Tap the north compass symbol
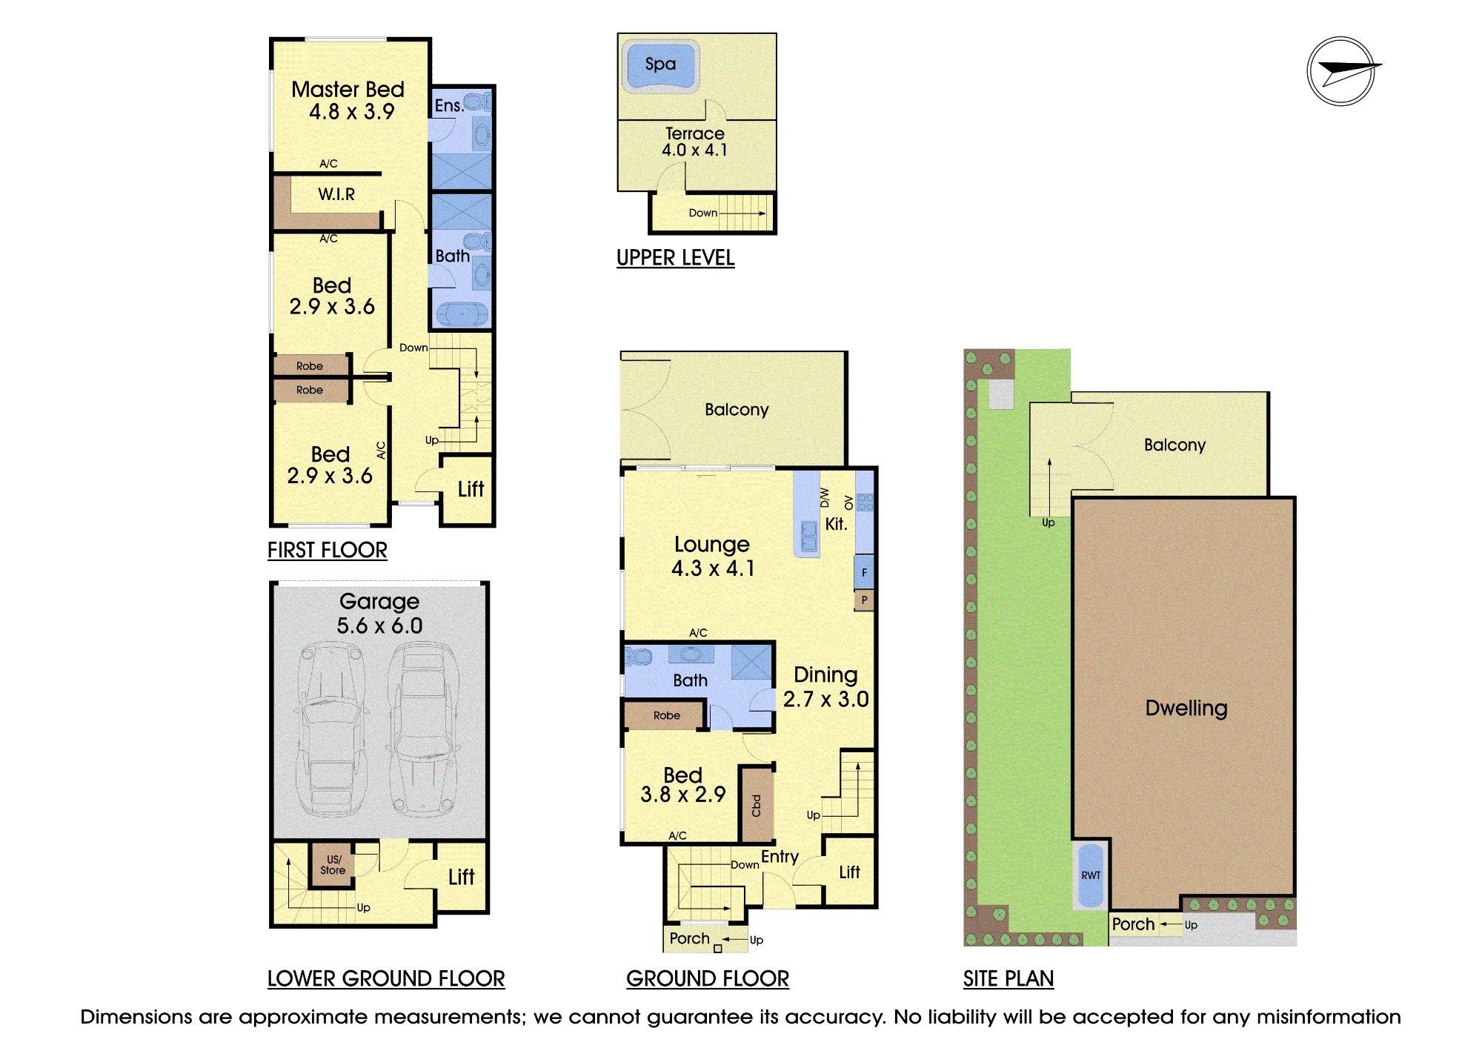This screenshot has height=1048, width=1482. point(1342,72)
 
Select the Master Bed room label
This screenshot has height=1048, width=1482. point(348,90)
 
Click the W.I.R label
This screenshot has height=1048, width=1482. point(336,194)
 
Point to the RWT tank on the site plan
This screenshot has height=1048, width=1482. point(1090,875)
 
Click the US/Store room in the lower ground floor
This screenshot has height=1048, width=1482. point(333,866)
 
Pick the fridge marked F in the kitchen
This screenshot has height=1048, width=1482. point(864,572)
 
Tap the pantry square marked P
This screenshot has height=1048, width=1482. point(864,600)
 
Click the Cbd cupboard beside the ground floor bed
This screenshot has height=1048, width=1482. point(757,805)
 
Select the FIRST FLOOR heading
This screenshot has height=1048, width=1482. point(328,550)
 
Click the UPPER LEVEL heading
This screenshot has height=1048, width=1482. point(676,258)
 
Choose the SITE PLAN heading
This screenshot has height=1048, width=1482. point(1009,978)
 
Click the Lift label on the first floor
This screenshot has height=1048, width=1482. point(471,489)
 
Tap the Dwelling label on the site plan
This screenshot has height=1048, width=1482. point(1186,708)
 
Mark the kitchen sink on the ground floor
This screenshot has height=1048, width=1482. point(809,536)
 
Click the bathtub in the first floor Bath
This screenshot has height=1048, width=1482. point(462,314)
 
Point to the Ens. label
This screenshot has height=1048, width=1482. point(448,106)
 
